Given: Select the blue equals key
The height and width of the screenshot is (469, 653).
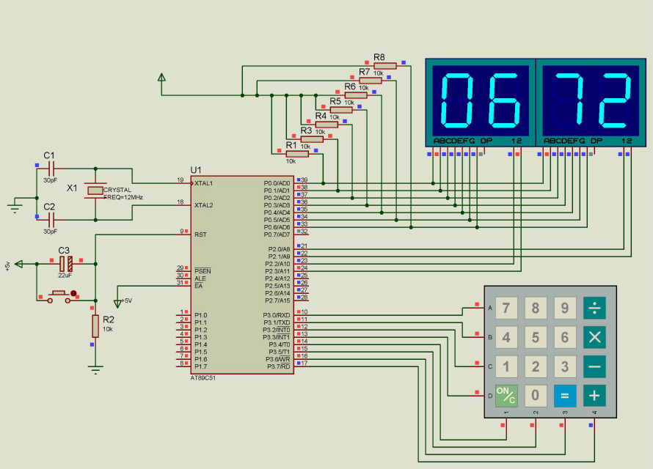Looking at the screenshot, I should (x=565, y=396).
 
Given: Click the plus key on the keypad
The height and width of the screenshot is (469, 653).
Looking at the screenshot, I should (x=594, y=396).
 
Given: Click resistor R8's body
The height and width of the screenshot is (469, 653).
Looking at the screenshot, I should (x=384, y=65).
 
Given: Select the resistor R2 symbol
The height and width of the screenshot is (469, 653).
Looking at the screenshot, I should (x=95, y=325).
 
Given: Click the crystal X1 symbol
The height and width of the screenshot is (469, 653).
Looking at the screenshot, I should (x=95, y=191).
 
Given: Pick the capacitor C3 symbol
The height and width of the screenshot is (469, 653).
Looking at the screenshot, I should (x=65, y=263).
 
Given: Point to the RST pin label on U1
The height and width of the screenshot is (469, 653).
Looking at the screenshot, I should (x=200, y=234).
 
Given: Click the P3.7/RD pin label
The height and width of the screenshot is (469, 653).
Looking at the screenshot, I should (x=276, y=366).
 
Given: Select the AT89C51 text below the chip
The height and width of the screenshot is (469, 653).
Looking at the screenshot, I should (x=203, y=377).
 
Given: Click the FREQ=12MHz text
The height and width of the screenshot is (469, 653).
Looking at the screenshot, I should (x=123, y=197).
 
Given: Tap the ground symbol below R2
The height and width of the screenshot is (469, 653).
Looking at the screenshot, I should (x=95, y=369).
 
